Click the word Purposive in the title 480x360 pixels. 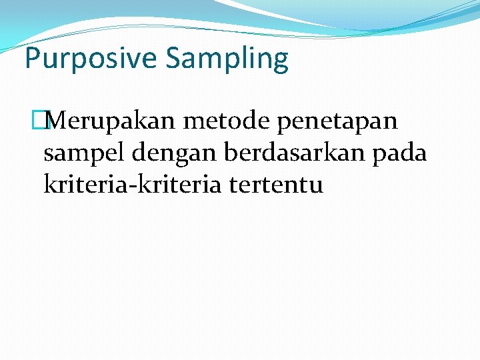[91, 59]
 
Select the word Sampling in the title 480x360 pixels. [227, 59]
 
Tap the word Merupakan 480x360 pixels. [107, 121]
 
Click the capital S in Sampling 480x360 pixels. [175, 59]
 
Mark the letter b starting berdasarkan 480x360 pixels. [231, 153]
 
